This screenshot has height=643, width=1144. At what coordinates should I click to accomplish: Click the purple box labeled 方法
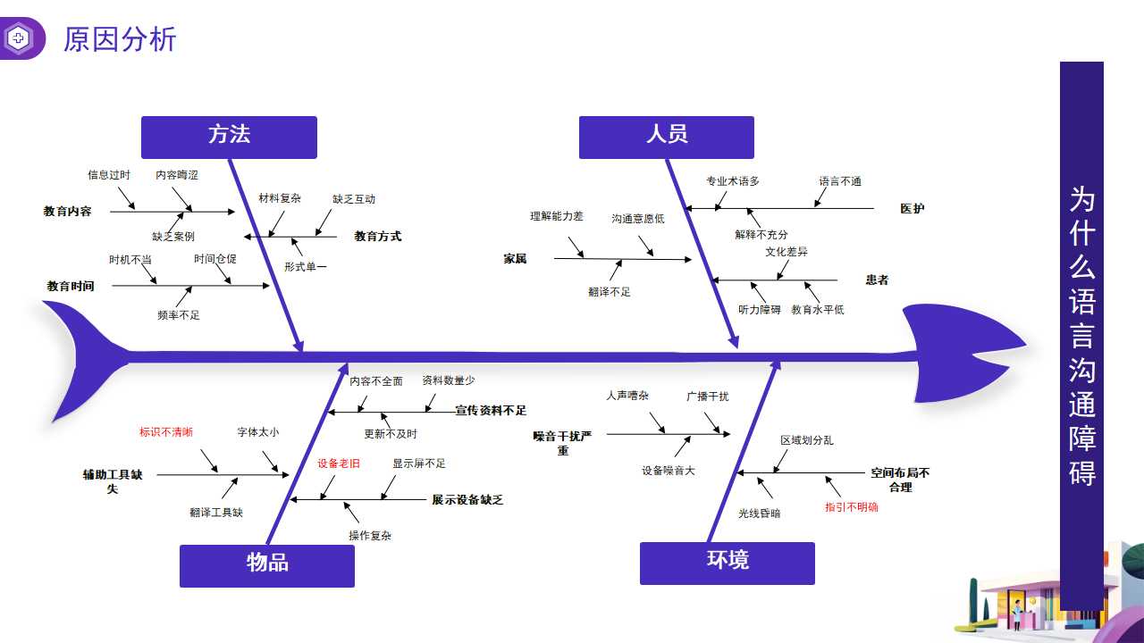coord(229,137)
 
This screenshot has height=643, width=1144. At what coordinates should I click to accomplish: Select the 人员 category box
coord(666,137)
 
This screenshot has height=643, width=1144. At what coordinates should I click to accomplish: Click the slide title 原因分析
coord(120,39)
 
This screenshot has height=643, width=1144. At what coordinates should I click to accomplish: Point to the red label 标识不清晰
coord(165,432)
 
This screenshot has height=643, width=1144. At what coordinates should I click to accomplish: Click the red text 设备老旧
coord(339,463)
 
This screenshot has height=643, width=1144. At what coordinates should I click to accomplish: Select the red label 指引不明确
coord(851,507)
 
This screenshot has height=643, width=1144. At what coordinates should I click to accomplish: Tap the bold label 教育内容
coord(68,212)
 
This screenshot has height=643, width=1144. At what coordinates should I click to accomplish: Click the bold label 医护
coord(912,209)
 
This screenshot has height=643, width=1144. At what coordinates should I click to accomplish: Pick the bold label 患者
coord(877,280)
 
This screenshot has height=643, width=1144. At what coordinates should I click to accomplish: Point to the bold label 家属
coord(515,259)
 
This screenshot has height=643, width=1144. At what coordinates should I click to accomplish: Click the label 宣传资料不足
coord(491,411)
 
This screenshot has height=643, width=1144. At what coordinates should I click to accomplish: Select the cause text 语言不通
coord(840,181)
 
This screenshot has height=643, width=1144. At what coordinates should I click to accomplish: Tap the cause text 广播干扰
coord(707,397)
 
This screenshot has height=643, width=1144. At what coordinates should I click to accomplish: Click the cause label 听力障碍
coord(759,310)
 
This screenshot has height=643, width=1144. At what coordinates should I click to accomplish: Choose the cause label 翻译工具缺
coord(216,513)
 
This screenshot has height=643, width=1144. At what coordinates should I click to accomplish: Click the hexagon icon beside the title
coord(19,38)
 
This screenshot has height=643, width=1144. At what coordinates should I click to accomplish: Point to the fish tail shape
coord(85,357)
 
